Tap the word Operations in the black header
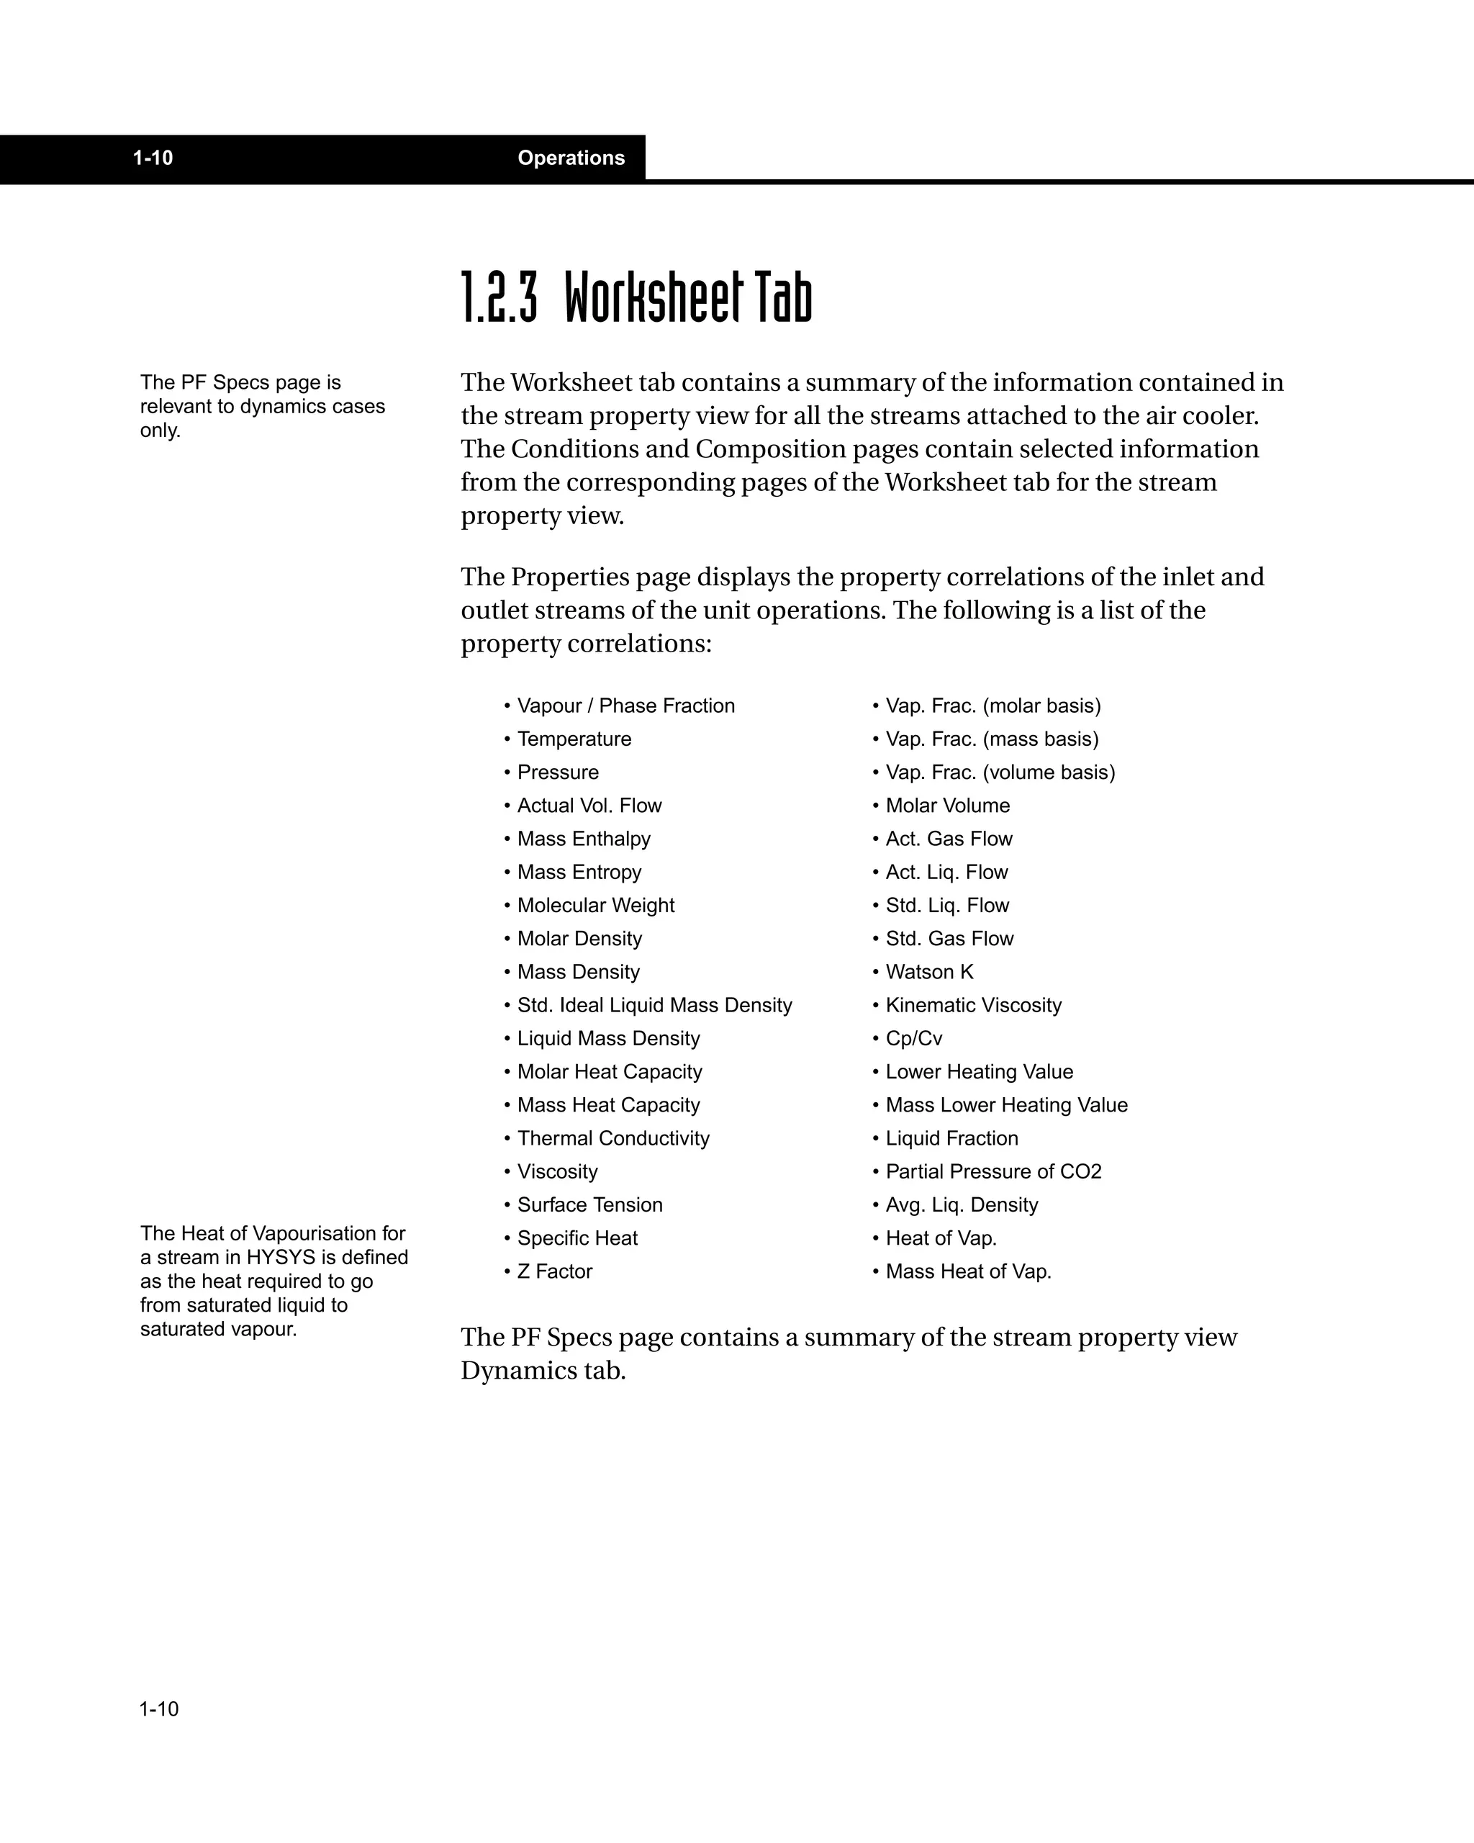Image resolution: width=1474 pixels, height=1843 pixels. pos(571,158)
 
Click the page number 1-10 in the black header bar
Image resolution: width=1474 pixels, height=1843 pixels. pos(153,158)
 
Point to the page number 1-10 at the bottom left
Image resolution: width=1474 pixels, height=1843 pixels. pos(159,1709)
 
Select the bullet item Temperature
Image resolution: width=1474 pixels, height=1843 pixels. pos(574,739)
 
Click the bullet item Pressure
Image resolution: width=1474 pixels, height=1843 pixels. pos(558,772)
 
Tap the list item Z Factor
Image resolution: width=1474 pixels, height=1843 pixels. pos(555,1271)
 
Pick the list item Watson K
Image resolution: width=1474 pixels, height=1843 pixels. pos(930,972)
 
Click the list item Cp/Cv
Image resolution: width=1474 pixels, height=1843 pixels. pos(913,1039)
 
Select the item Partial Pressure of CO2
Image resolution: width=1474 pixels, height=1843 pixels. pos(994,1171)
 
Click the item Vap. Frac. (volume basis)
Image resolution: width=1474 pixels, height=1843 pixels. pos(1000,772)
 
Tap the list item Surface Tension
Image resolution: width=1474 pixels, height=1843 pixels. pos(589,1204)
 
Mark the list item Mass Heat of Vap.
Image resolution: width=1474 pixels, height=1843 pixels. pos(968,1271)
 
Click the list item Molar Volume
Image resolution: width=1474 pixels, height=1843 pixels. pos(948,806)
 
